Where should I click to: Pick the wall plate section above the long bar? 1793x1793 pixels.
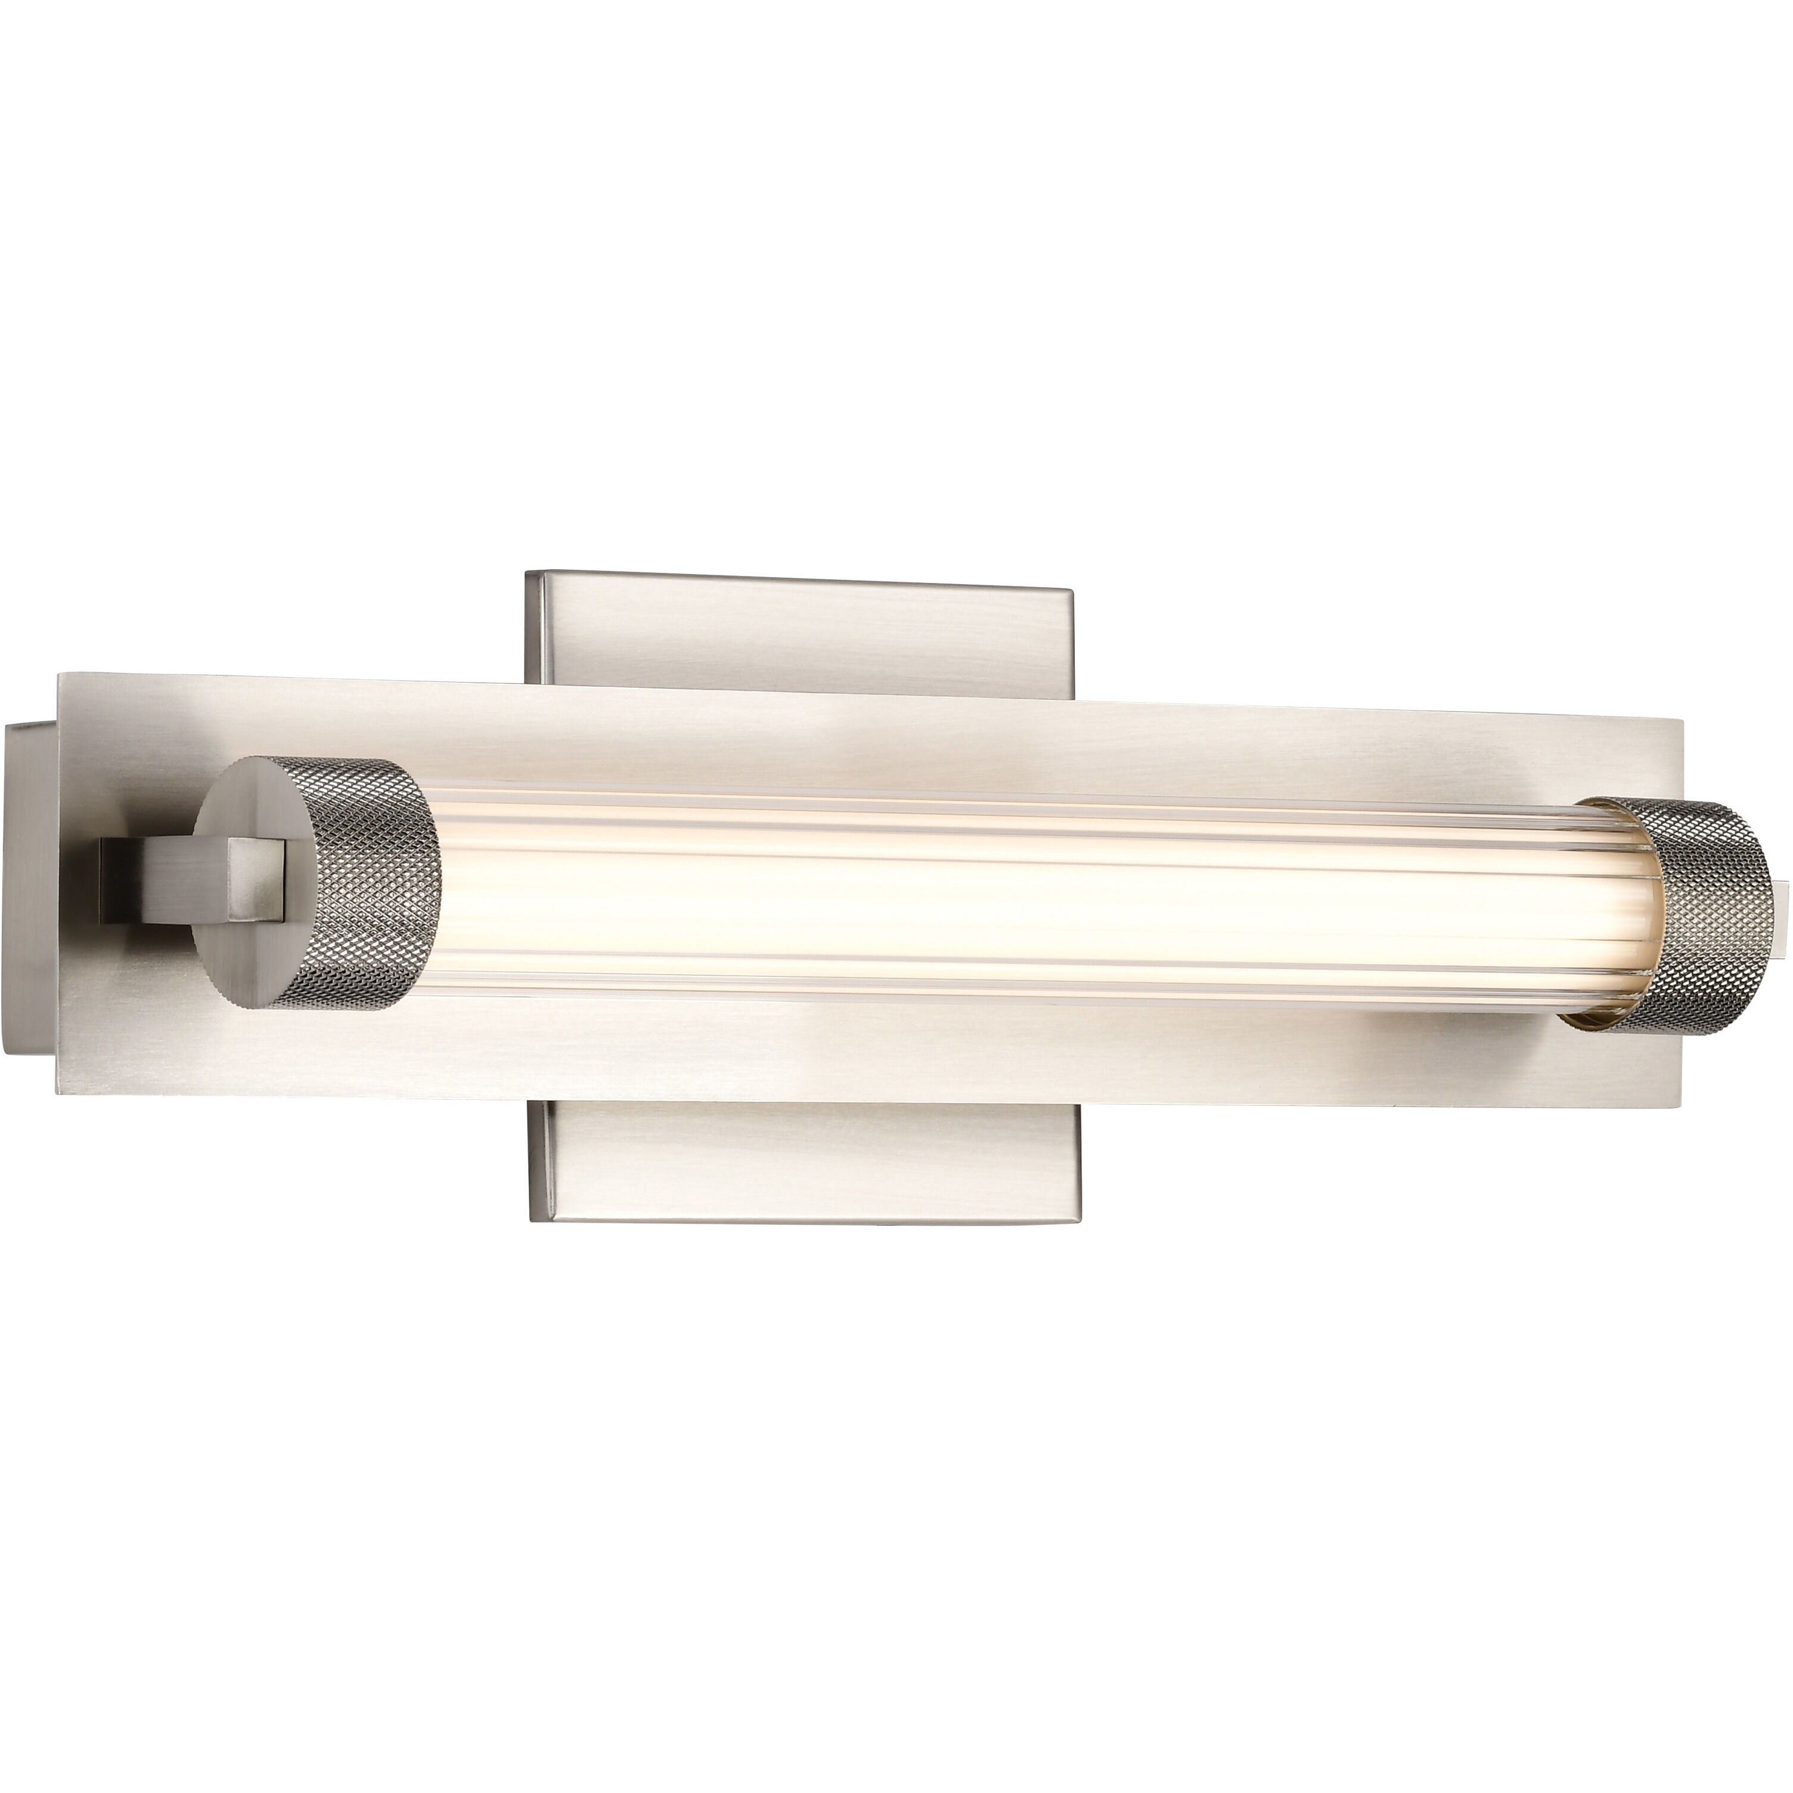[798, 631]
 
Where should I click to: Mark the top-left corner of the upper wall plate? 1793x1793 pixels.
[527, 573]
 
